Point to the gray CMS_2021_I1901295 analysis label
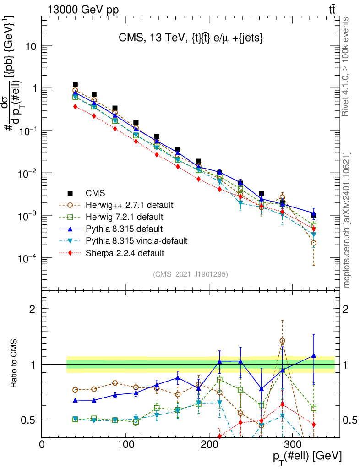(191, 274)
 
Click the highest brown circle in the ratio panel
(282, 341)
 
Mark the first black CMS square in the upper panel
(75, 85)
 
